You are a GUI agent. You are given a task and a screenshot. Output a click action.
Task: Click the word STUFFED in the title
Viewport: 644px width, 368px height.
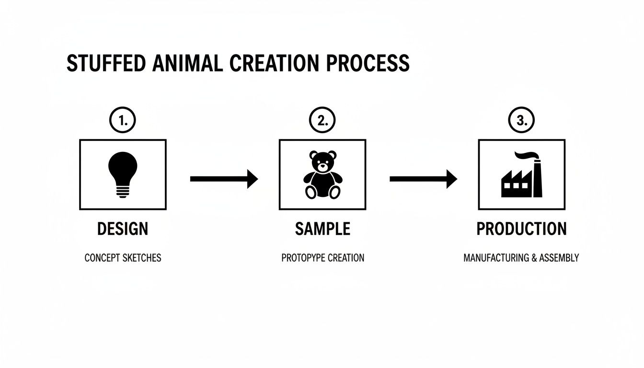coord(99,64)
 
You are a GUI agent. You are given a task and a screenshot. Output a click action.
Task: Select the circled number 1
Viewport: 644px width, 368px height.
coord(123,121)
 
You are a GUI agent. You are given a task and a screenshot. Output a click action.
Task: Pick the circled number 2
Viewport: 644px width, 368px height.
coord(322,121)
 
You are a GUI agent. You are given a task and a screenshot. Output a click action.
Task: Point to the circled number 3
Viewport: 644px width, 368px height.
coord(522,121)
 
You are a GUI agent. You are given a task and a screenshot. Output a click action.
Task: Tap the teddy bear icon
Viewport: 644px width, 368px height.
coord(322,175)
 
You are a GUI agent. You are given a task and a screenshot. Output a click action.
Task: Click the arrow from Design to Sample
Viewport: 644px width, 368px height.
coord(224,179)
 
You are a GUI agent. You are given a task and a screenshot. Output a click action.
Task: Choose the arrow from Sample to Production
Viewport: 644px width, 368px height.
coord(423,179)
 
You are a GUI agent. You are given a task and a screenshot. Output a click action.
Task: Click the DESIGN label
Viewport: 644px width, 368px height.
coord(123,229)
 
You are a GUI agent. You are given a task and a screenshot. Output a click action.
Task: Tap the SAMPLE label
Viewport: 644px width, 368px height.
coord(322,229)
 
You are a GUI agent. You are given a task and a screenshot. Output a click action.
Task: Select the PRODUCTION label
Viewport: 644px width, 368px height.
coord(522,229)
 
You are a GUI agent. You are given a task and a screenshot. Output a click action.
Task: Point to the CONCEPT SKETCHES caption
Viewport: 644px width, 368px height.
coord(123,258)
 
